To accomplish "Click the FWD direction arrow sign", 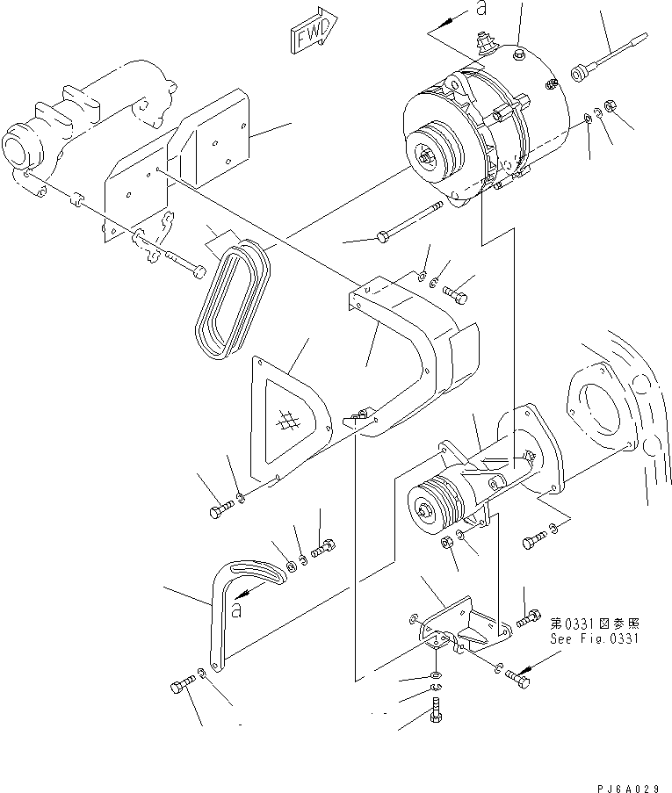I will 313,32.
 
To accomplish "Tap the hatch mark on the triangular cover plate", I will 285,422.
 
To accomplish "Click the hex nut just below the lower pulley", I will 446,542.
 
